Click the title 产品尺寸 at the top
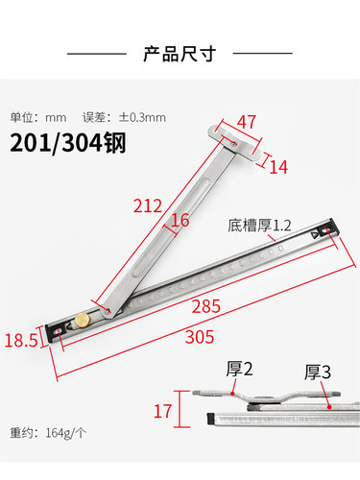click(x=179, y=53)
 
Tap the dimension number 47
click(x=248, y=121)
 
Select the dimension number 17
click(x=164, y=411)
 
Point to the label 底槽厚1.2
click(x=258, y=227)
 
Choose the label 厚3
click(x=319, y=371)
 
